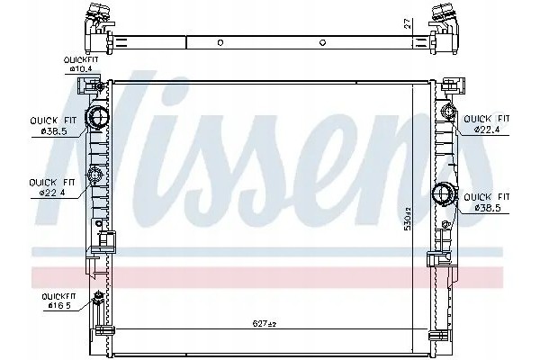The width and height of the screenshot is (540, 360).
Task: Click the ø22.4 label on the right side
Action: coord(487,130)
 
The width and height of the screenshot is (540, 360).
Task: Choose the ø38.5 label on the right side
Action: coord(487,207)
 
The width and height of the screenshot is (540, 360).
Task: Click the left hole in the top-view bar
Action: coord(220,41)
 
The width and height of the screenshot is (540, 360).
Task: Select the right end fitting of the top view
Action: coord(445,20)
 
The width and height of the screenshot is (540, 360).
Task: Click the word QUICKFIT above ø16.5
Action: coord(54,294)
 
